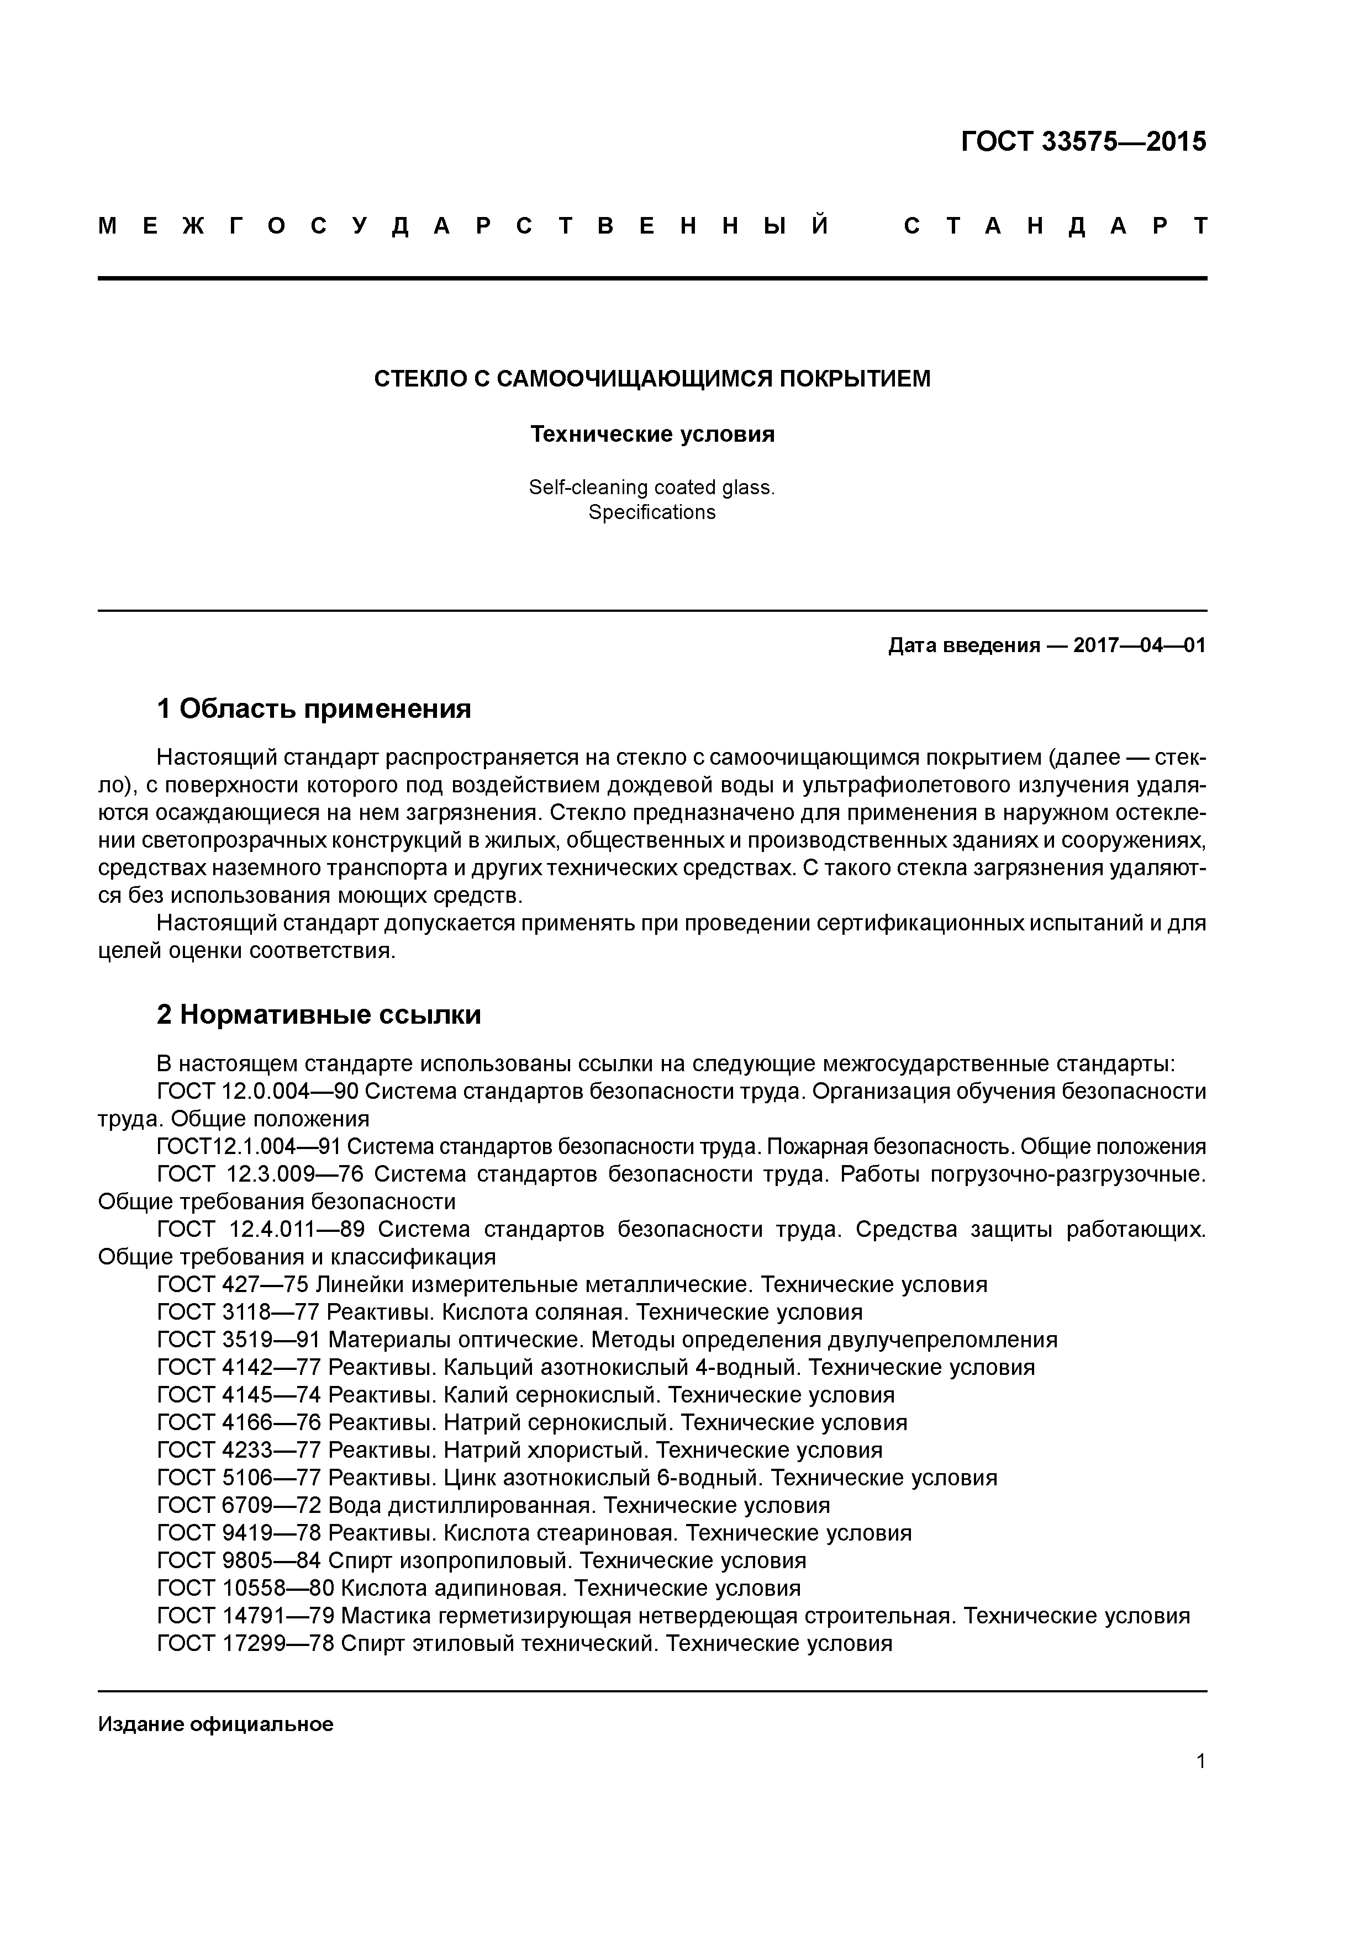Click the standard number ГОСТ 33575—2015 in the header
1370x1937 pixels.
coord(1083,142)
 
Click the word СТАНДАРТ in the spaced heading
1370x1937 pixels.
coord(1055,226)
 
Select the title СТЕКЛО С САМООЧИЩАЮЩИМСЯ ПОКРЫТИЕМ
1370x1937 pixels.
coord(652,379)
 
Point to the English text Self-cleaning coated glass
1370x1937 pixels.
coord(652,487)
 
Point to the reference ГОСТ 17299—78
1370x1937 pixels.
coord(246,1643)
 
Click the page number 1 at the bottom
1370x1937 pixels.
coord(1200,1761)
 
